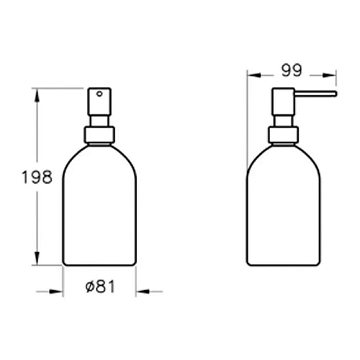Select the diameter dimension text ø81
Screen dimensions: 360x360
pyautogui.click(x=101, y=287)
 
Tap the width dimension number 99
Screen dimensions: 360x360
pyautogui.click(x=292, y=72)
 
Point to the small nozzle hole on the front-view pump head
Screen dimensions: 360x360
pyautogui.click(x=102, y=93)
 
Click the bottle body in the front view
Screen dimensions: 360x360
pyautogui.click(x=100, y=209)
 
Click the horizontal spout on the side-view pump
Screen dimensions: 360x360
pyautogui.click(x=313, y=94)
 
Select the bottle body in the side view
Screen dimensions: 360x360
pyautogui.click(x=282, y=209)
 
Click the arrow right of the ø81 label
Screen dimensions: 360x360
pyautogui.click(x=143, y=292)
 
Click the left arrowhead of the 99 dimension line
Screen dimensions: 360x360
pyautogui.click(x=251, y=72)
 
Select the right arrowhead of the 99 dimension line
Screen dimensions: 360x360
pyautogui.click(x=332, y=72)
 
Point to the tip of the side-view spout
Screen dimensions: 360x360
pyautogui.click(x=335, y=94)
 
